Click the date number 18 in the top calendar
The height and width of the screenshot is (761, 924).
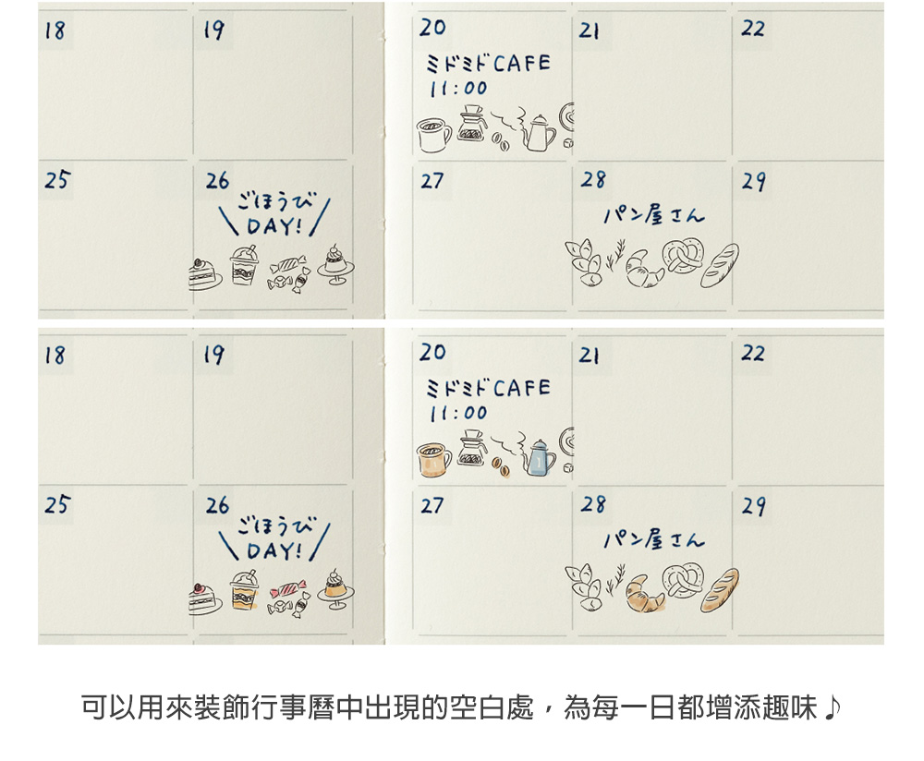pyautogui.click(x=55, y=30)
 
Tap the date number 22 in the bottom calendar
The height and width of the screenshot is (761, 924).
pyautogui.click(x=752, y=353)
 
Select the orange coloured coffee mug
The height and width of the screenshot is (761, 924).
pyautogui.click(x=433, y=459)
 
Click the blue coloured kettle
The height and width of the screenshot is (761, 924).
pyautogui.click(x=539, y=457)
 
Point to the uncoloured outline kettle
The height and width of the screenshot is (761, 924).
pyautogui.click(x=539, y=132)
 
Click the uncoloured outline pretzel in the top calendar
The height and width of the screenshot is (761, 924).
pyautogui.click(x=683, y=255)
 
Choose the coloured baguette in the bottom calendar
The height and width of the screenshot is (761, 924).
pyautogui.click(x=719, y=590)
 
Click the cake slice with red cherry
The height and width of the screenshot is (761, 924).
pyautogui.click(x=204, y=599)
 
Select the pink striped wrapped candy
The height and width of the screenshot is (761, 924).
pyautogui.click(x=287, y=589)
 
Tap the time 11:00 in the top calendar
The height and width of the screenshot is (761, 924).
pyautogui.click(x=458, y=89)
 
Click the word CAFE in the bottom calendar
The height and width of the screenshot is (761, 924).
pyautogui.click(x=521, y=388)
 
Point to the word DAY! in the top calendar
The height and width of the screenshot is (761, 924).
pyautogui.click(x=275, y=226)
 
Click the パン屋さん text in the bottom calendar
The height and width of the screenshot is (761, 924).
pyautogui.click(x=654, y=539)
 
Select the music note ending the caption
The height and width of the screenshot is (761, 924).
pyautogui.click(x=833, y=707)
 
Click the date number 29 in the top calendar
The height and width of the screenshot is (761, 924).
pyautogui.click(x=754, y=181)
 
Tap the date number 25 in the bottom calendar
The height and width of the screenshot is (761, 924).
pyautogui.click(x=57, y=505)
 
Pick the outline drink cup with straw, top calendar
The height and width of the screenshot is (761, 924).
pyautogui.click(x=244, y=266)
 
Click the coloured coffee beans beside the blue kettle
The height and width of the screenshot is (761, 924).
pyautogui.click(x=502, y=466)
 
